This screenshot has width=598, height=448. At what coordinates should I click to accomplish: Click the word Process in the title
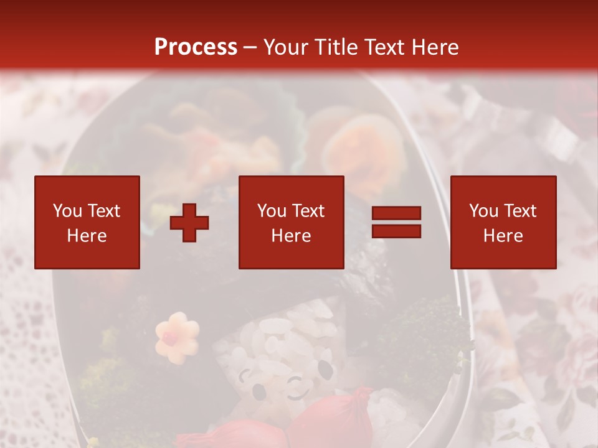click(x=196, y=47)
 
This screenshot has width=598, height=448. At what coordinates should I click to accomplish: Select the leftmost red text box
click(x=87, y=222)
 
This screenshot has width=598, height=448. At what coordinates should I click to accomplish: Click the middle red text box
click(x=292, y=222)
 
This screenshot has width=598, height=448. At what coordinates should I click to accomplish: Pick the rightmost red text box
click(x=503, y=222)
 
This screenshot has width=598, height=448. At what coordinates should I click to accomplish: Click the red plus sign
click(x=189, y=223)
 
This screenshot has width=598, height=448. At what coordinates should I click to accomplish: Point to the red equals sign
click(x=396, y=222)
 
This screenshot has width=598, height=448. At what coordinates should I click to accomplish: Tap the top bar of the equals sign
click(x=396, y=214)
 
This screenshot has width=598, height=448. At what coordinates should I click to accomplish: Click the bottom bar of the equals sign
click(x=396, y=231)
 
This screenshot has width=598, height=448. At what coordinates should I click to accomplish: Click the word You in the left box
click(x=68, y=211)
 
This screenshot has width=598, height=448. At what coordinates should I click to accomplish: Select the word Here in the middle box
click(x=292, y=236)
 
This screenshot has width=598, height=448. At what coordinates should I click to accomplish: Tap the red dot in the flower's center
click(x=168, y=338)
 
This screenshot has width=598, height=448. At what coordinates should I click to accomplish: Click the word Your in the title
click(x=287, y=47)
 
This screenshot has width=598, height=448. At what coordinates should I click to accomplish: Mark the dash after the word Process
click(x=250, y=48)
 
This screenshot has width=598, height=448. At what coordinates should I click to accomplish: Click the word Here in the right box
click(x=503, y=236)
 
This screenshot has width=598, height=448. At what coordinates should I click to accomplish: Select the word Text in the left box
click(x=105, y=211)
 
